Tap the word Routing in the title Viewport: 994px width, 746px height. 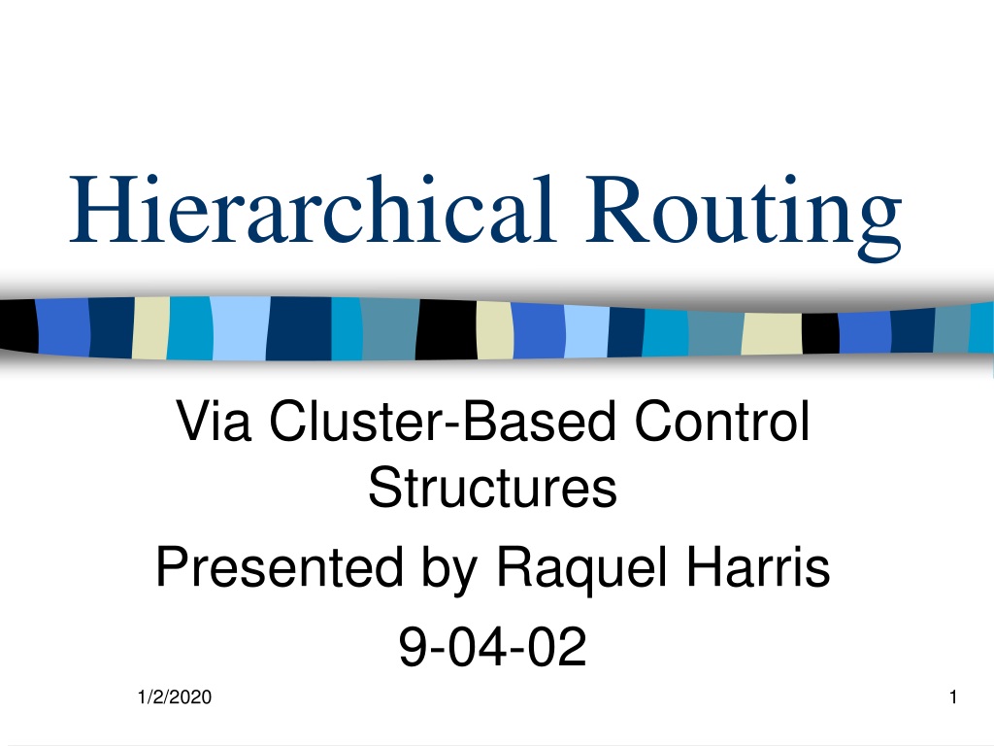tap(743, 217)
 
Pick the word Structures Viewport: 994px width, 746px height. tap(492, 488)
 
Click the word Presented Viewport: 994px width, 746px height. tap(280, 566)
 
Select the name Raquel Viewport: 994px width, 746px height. tap(581, 569)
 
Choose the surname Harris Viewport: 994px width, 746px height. tap(758, 566)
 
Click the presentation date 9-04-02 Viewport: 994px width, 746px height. tap(492, 646)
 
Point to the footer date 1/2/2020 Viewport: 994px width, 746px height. tap(175, 697)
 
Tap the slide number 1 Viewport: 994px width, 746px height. tap(953, 697)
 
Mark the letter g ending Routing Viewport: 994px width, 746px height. tap(879, 229)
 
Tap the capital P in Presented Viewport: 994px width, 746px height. tap(174, 566)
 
